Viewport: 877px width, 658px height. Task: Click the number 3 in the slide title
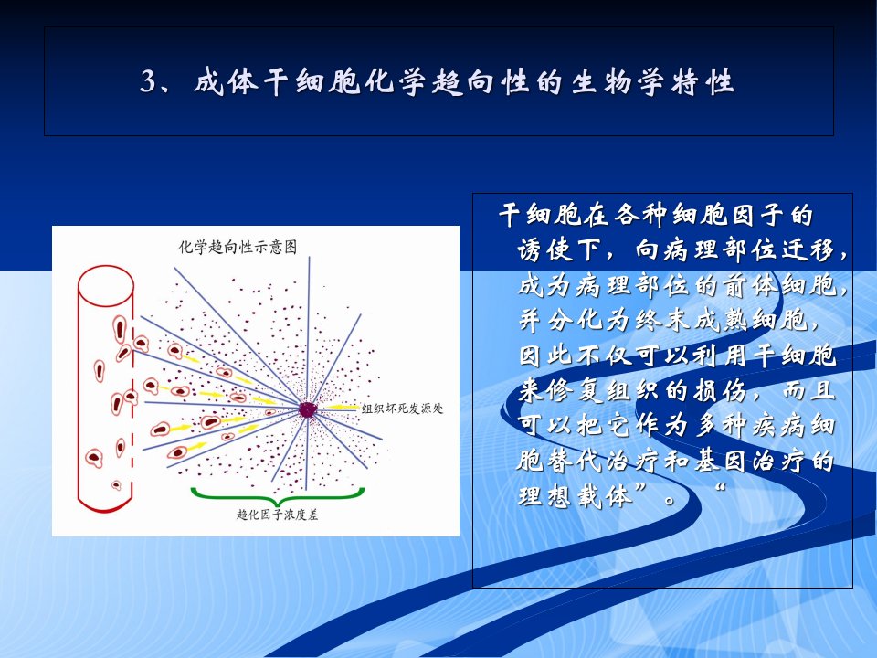149,82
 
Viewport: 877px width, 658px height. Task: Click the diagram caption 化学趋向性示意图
238,247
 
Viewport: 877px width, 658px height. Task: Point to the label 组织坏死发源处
402,408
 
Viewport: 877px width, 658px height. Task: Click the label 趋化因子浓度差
278,514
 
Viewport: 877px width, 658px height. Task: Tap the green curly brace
278,495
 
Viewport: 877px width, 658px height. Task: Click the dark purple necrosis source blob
307,409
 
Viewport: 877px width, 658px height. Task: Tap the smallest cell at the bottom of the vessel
116,484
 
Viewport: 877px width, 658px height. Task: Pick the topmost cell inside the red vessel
119,329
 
